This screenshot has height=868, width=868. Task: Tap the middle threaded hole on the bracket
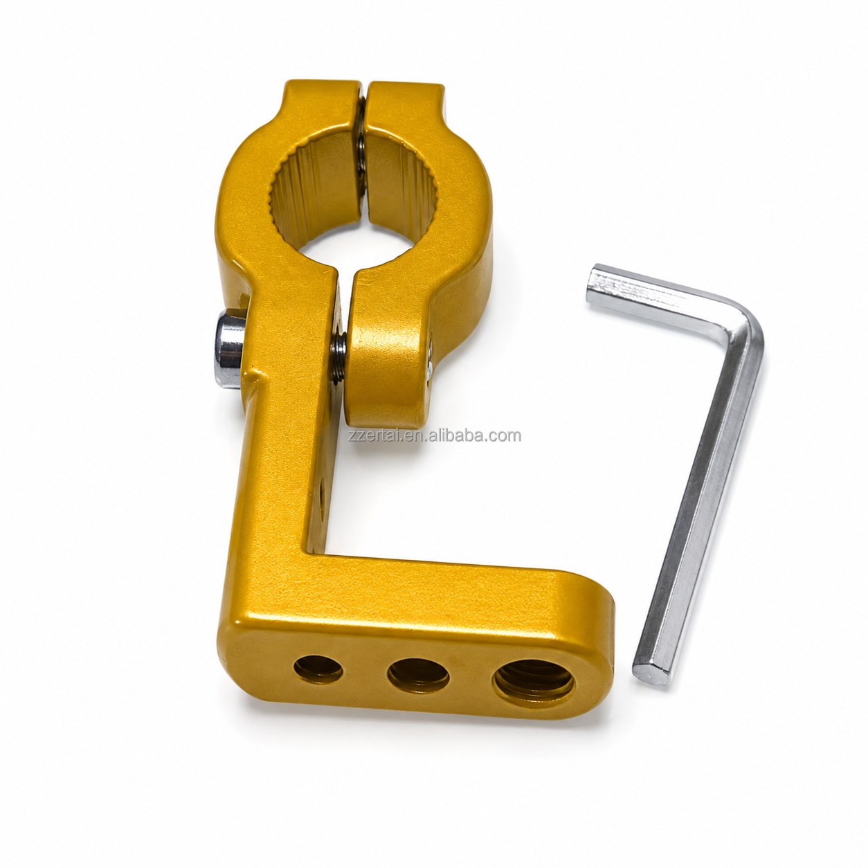click(419, 675)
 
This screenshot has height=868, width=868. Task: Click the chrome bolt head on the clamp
click(229, 350)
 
